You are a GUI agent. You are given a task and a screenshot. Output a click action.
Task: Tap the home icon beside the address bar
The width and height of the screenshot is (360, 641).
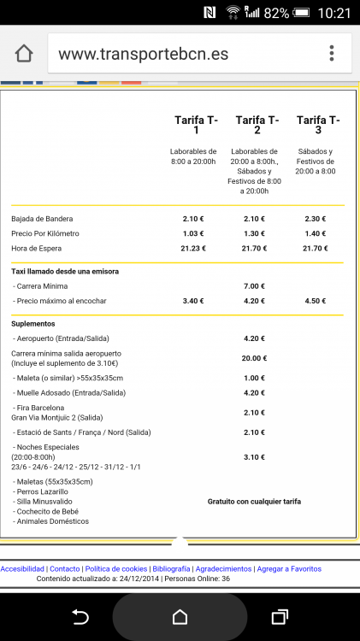pyautogui.click(x=24, y=53)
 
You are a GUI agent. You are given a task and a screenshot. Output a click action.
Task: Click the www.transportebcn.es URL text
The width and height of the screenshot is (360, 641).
pyautogui.click(x=143, y=54)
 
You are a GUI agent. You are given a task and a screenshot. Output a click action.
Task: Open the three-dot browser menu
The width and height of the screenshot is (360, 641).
pyautogui.click(x=332, y=53)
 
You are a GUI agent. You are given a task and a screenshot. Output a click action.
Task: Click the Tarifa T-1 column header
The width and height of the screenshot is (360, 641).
pyautogui.click(x=196, y=125)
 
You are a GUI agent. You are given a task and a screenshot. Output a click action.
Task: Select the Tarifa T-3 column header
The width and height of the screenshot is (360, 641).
pyautogui.click(x=317, y=125)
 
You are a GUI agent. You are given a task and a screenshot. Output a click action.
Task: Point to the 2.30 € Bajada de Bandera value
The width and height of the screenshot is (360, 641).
pyautogui.click(x=315, y=219)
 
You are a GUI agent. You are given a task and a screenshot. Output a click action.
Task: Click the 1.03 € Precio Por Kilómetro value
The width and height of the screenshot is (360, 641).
pyautogui.click(x=193, y=233)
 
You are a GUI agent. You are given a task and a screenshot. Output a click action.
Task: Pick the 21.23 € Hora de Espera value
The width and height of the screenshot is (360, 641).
pyautogui.click(x=193, y=249)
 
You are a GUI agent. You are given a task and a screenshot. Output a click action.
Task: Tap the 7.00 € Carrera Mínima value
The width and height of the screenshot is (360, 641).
pyautogui.click(x=254, y=286)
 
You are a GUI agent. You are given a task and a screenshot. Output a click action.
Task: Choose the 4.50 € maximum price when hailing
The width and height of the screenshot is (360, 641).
pyautogui.click(x=315, y=301)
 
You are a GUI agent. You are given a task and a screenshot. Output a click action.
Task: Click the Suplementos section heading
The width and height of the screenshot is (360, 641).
pyautogui.click(x=32, y=324)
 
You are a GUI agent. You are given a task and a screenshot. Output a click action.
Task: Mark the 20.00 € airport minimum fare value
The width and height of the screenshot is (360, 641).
pyautogui.click(x=254, y=358)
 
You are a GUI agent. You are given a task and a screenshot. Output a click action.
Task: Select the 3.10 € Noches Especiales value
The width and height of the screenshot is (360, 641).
pyautogui.click(x=254, y=457)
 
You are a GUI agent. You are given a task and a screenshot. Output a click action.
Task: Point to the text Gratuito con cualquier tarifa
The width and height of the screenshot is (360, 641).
pyautogui.click(x=254, y=502)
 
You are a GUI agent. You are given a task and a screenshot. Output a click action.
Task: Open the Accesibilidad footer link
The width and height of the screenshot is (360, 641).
pyautogui.click(x=23, y=568)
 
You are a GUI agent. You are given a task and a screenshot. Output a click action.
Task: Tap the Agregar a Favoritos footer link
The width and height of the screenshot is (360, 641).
pyautogui.click(x=289, y=568)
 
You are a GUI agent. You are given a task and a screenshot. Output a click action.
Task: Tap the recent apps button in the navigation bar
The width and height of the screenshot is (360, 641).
pyautogui.click(x=279, y=616)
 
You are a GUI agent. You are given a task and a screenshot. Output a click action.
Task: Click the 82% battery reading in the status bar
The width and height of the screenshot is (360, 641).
pyautogui.click(x=277, y=13)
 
